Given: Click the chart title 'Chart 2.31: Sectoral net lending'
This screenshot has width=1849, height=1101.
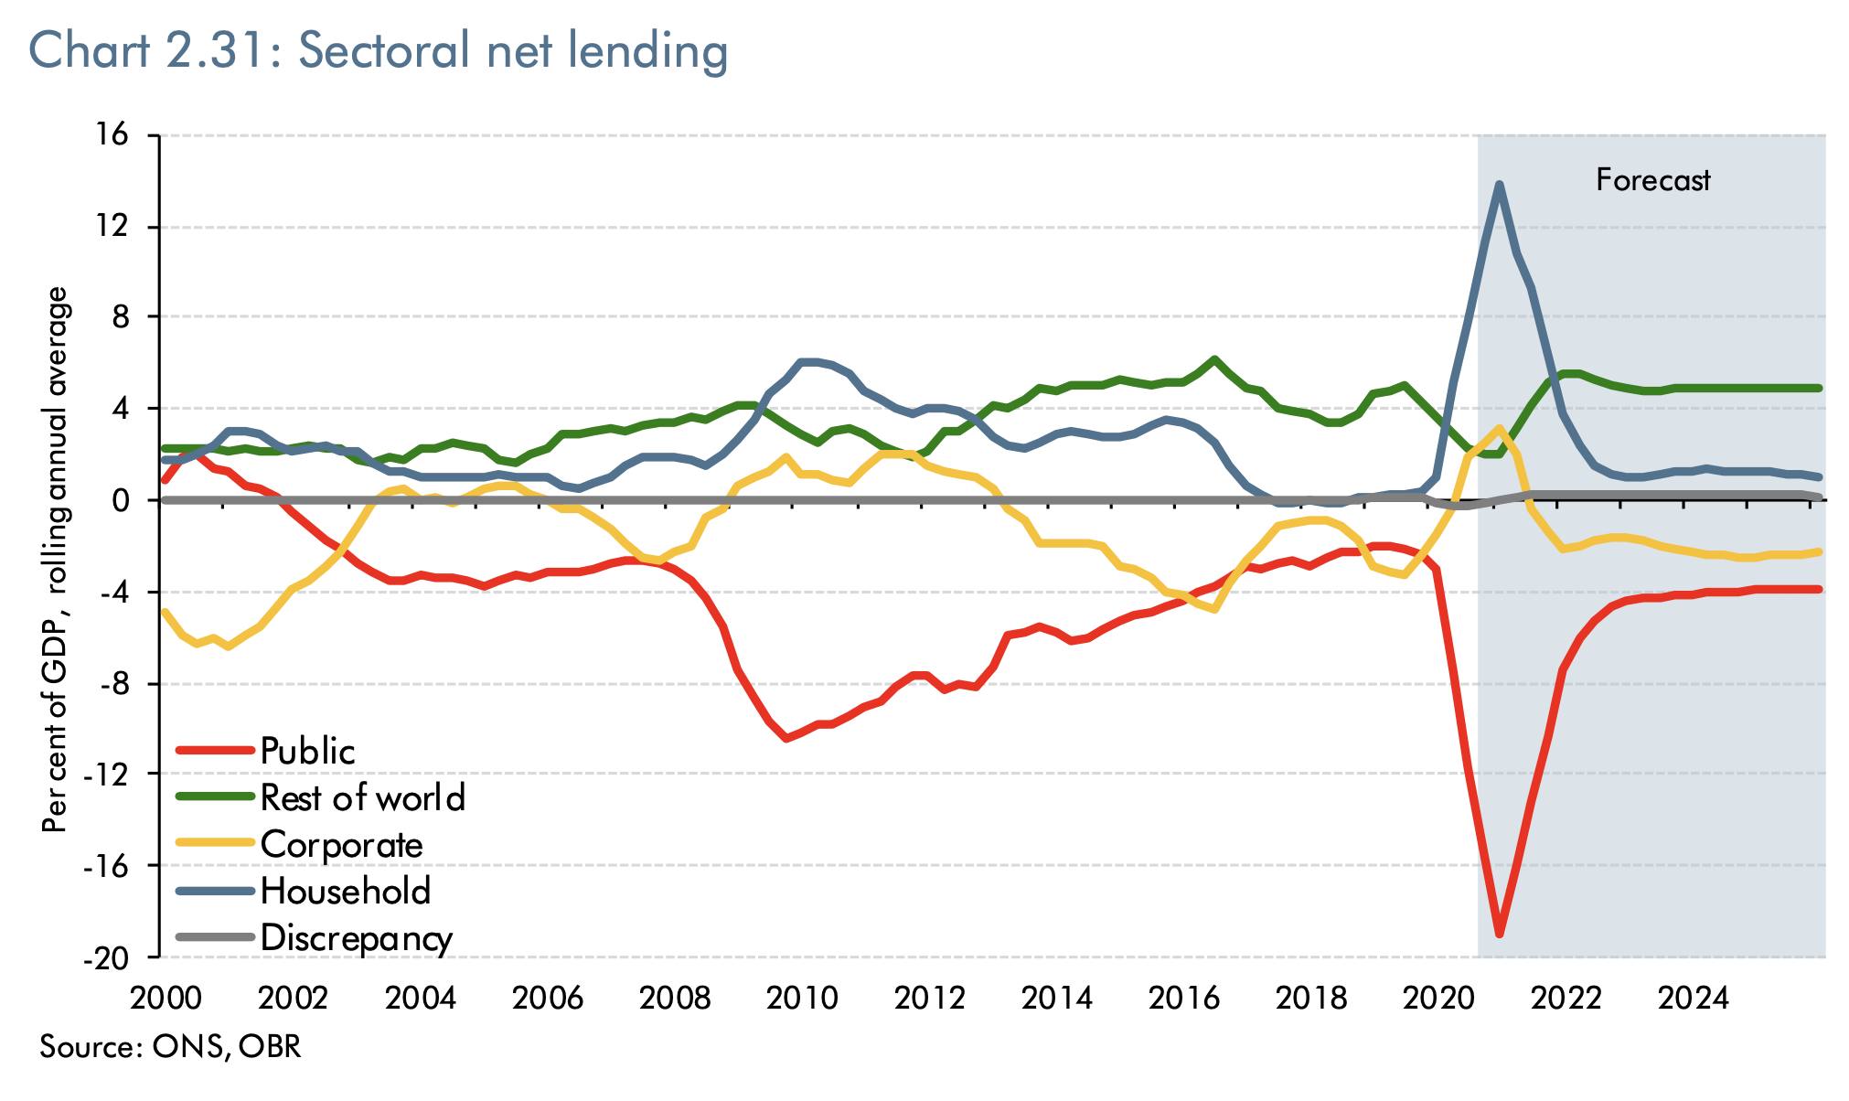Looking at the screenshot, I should (x=379, y=50).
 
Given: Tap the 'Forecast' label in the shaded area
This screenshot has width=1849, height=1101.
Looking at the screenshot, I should (x=1652, y=180).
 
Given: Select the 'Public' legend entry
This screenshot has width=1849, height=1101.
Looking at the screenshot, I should (x=307, y=751).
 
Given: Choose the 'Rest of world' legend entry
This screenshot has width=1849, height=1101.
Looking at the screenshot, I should (x=362, y=797).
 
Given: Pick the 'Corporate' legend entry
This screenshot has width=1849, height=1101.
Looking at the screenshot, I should (x=341, y=845).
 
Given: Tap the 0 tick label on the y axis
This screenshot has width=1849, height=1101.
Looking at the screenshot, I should (x=128, y=500).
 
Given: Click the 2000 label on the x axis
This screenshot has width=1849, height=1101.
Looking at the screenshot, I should (x=166, y=998).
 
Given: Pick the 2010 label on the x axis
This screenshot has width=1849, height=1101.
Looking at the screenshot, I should (x=802, y=998).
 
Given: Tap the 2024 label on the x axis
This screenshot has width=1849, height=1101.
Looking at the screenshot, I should (x=1694, y=998).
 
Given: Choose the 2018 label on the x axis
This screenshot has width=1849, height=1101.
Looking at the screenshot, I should (x=1311, y=998).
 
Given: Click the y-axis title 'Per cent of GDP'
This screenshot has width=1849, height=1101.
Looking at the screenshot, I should (x=57, y=560).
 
